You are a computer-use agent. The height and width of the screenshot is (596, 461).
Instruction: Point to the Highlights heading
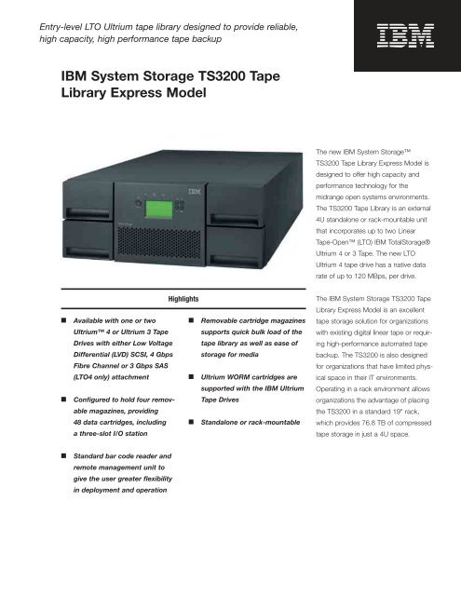184,300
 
